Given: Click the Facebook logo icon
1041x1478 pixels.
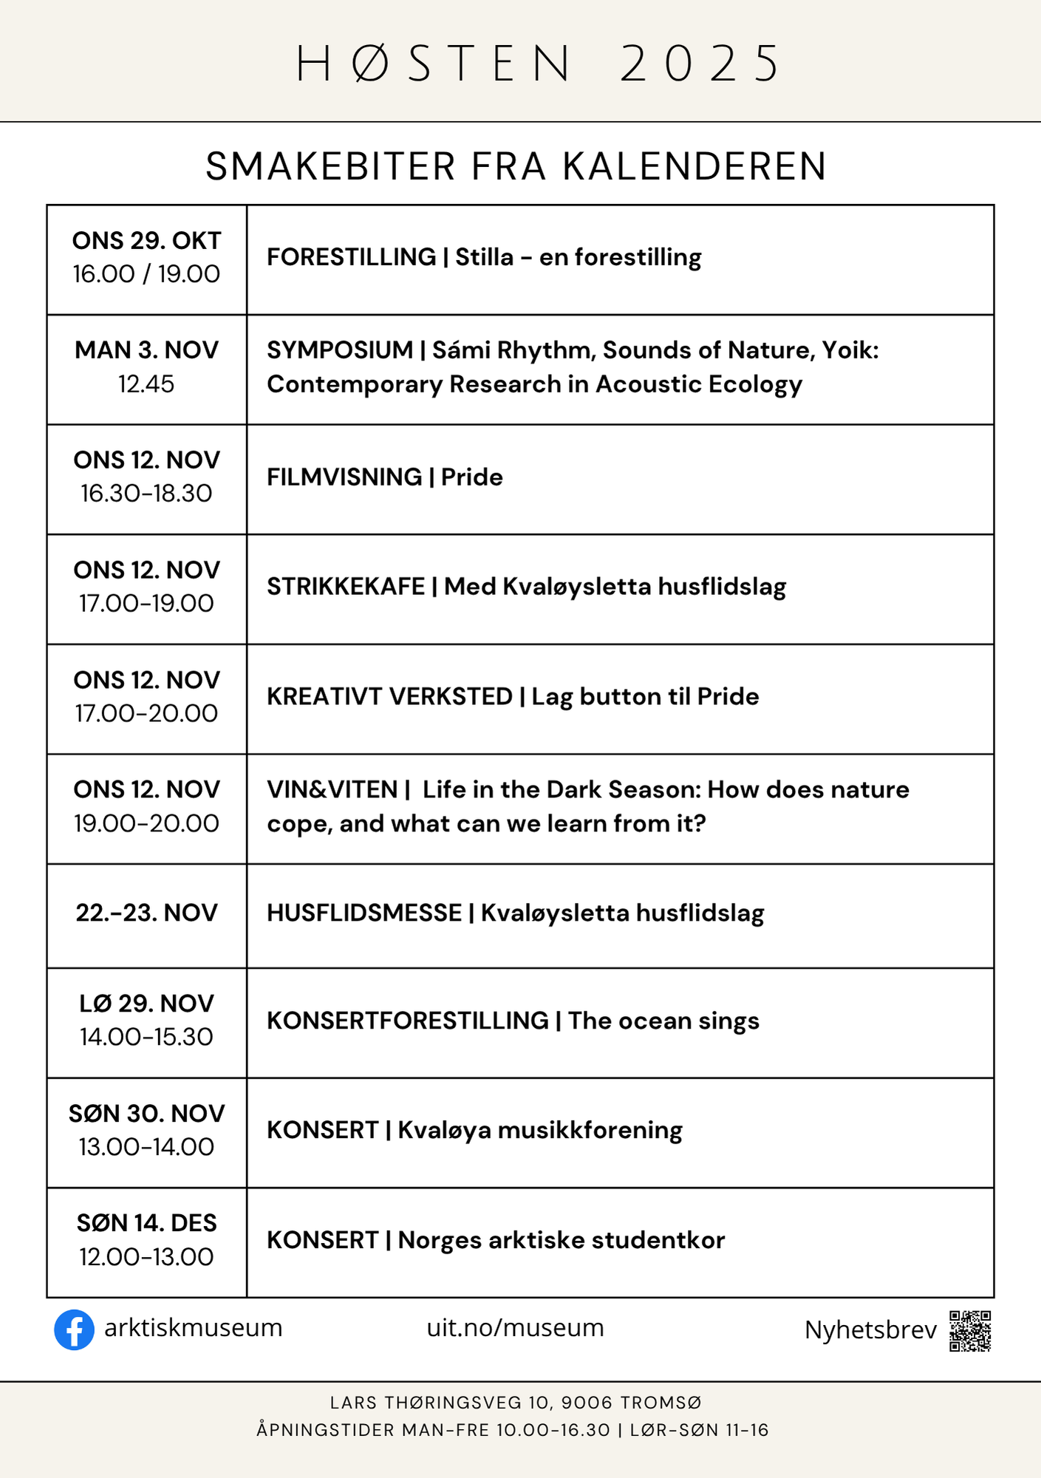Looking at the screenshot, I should (74, 1329).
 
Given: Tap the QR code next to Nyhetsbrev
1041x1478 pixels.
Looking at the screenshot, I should (969, 1331).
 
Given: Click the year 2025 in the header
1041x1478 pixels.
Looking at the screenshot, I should (699, 64).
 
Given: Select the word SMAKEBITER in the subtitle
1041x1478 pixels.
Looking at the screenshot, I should (330, 166).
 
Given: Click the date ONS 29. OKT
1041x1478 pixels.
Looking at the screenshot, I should (146, 241).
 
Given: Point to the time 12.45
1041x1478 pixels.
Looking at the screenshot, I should (146, 384).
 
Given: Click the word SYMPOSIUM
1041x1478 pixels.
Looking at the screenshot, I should (340, 350).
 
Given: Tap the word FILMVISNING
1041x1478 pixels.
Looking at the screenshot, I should (344, 477).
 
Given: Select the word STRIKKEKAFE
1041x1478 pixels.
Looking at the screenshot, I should (346, 587).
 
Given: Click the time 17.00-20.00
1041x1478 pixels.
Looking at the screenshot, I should (146, 714).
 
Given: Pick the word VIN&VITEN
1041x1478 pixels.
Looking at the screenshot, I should (332, 790).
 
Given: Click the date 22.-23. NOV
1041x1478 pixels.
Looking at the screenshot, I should (146, 913).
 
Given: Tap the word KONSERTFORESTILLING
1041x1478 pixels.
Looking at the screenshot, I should (408, 1021).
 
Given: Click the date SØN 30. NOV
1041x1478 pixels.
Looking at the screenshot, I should (146, 1114).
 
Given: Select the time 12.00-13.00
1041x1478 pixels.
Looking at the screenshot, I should (146, 1257).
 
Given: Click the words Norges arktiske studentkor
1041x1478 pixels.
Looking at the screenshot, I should (562, 1240).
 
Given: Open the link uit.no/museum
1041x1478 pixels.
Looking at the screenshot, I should (515, 1328).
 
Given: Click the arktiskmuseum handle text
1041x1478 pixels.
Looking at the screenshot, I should (194, 1328).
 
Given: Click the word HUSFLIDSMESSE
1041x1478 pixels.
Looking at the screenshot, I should (364, 913).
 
